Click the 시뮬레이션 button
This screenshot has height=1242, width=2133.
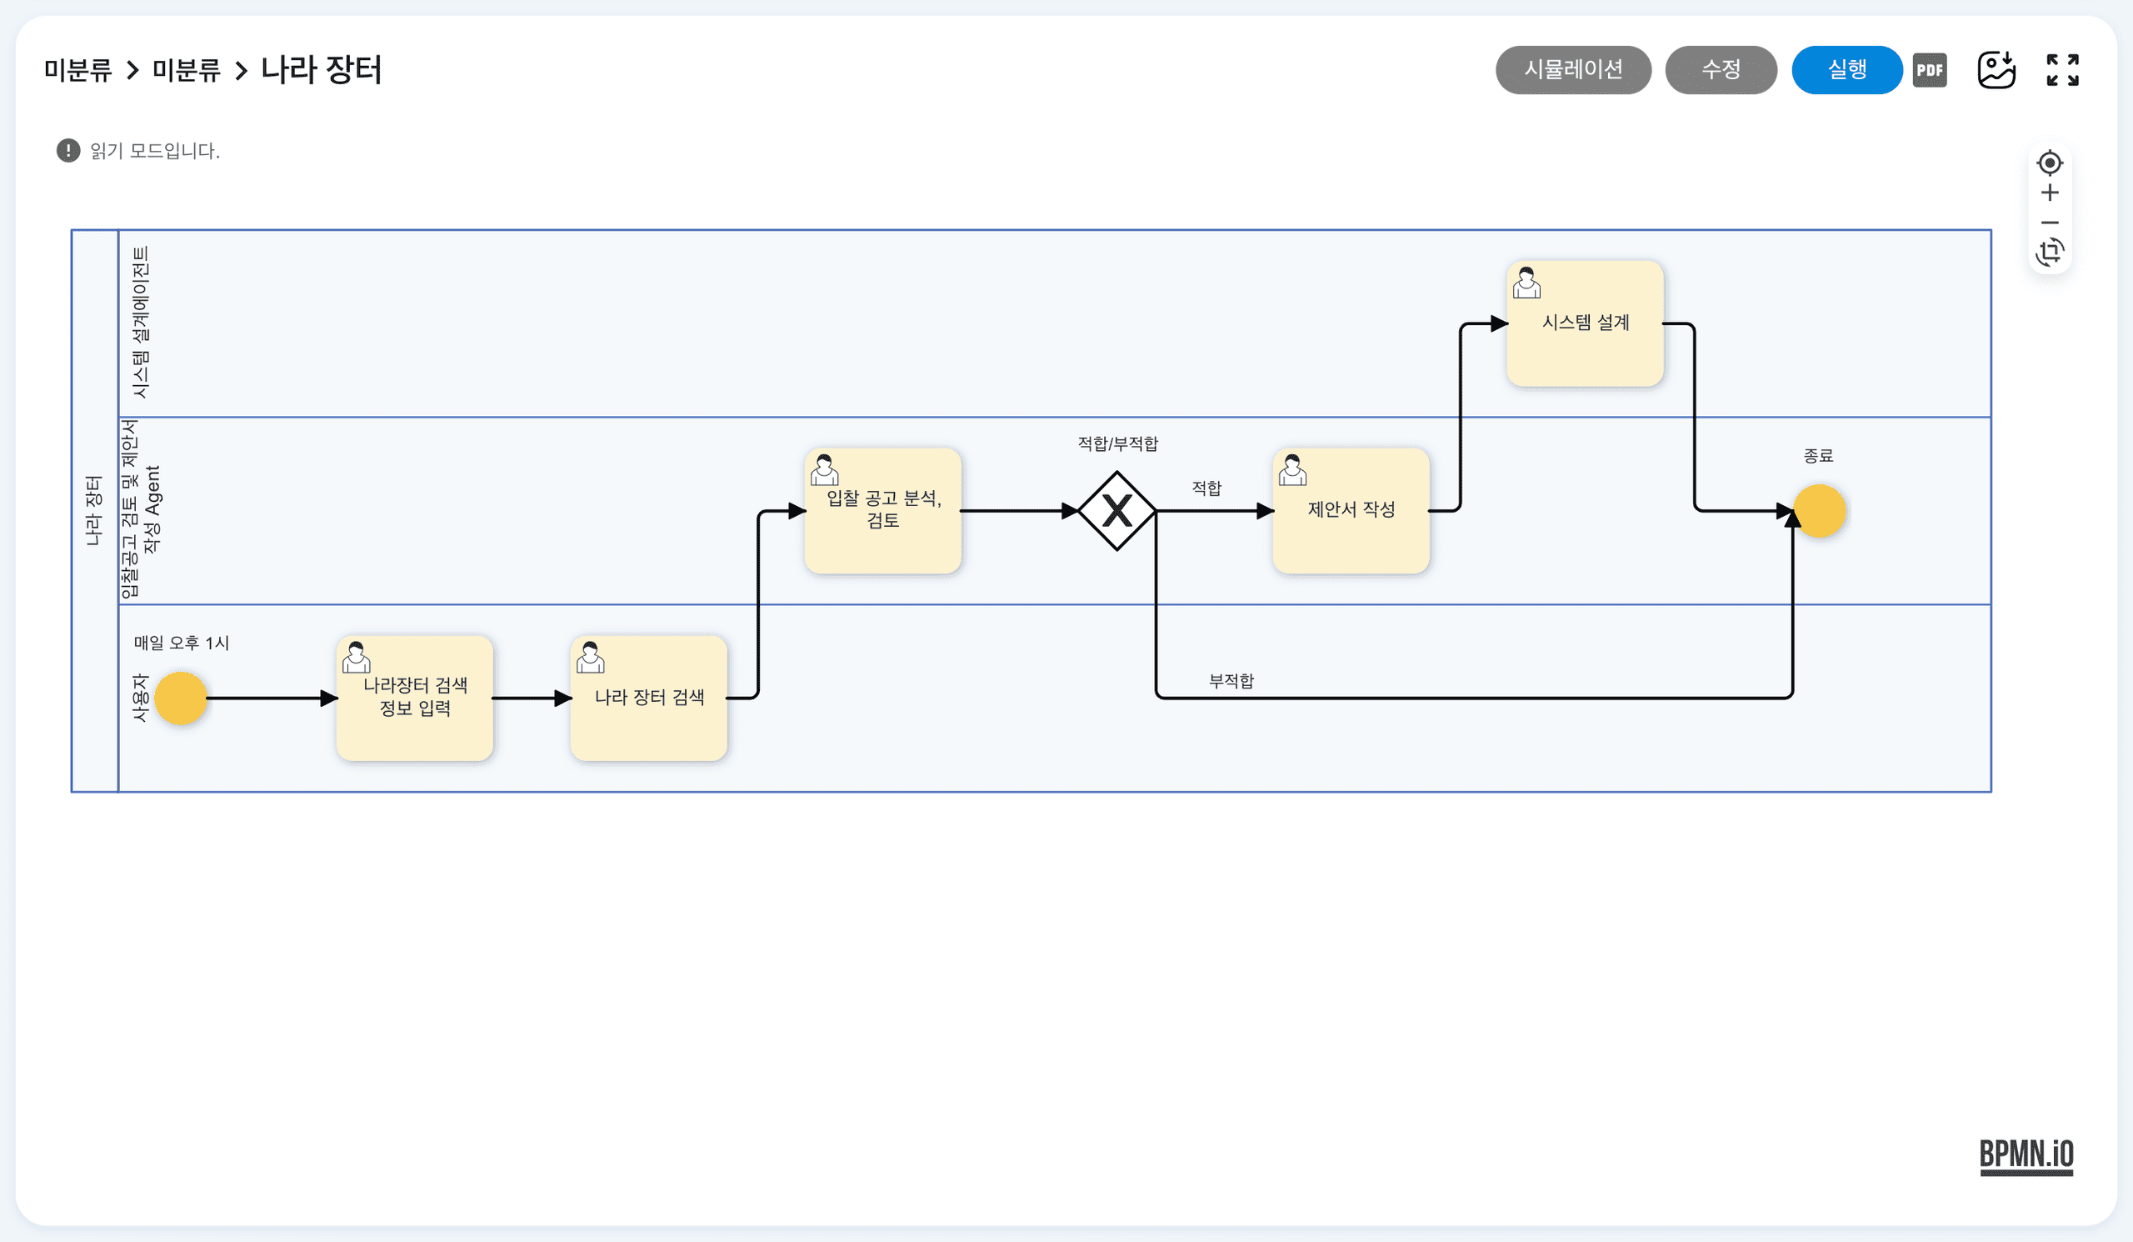click(1572, 69)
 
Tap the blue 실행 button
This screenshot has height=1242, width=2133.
click(1846, 69)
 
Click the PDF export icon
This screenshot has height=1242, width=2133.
click(1929, 70)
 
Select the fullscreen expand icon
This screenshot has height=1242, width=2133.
click(2062, 70)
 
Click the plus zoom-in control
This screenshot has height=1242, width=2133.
click(2049, 193)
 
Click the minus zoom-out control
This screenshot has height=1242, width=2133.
click(2049, 223)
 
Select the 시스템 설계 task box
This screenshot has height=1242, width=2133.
click(1585, 323)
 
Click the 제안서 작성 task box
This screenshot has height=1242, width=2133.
click(1351, 510)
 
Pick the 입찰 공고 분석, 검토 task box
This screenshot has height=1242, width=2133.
click(883, 510)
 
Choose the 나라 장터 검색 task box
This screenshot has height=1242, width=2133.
click(649, 698)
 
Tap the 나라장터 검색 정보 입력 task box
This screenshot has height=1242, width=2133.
click(415, 698)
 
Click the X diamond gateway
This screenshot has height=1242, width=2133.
click(1116, 510)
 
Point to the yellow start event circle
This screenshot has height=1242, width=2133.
click(180, 698)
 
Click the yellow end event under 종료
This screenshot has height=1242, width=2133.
click(1819, 510)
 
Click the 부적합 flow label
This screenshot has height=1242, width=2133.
click(1231, 681)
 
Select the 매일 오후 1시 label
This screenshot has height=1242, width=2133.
click(181, 643)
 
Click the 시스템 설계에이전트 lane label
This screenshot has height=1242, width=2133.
click(141, 323)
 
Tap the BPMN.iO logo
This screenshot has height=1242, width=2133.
click(2026, 1156)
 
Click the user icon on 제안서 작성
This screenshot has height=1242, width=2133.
click(1291, 470)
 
